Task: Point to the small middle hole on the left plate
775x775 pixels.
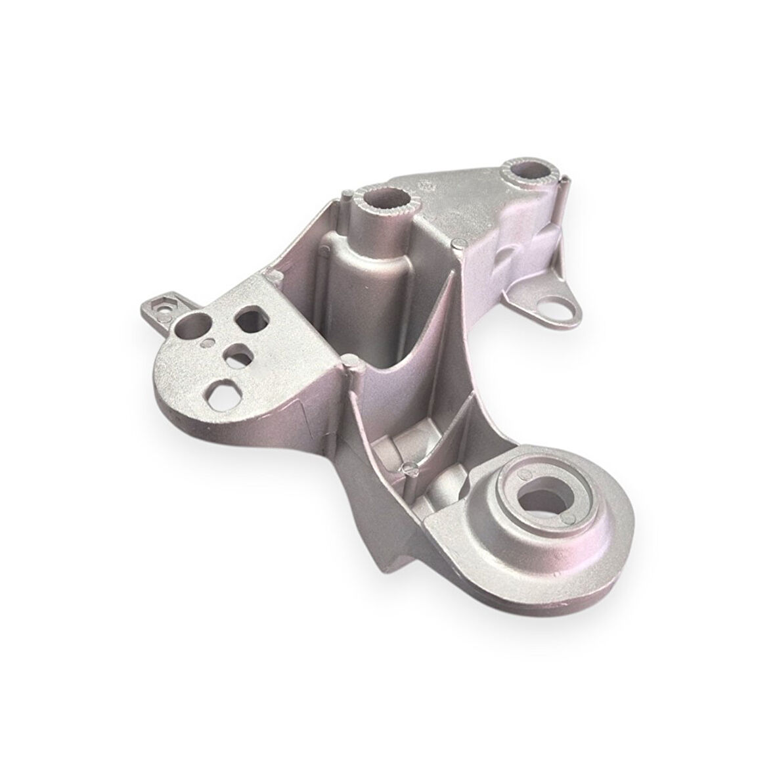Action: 234,355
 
